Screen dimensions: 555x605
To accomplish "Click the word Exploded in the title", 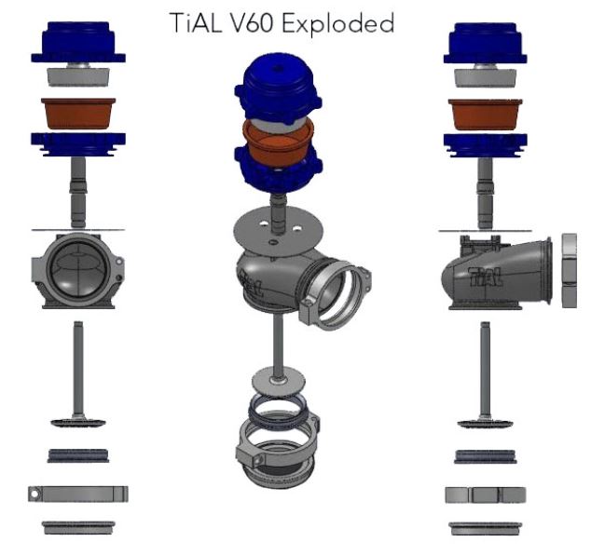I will (340, 22).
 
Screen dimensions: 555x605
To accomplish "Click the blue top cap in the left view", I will (78, 42).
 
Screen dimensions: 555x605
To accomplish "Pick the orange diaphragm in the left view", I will (78, 112).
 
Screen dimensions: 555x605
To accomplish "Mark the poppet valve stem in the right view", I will (487, 368).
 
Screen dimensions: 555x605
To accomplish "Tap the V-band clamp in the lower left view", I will (78, 494).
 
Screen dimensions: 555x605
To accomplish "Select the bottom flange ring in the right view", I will (487, 527).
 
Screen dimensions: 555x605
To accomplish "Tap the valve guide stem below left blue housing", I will (78, 191).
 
